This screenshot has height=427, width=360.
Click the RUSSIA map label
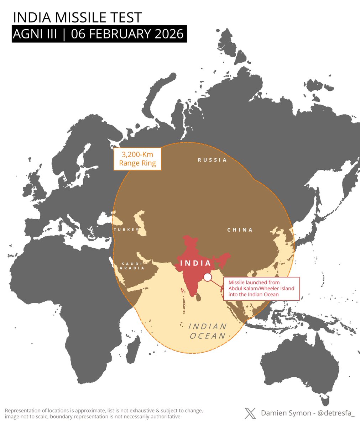click(x=212, y=160)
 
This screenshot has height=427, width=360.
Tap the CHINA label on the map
click(x=240, y=230)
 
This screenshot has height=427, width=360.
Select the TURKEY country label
click(x=126, y=230)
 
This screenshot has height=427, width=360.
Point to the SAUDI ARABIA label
click(x=132, y=266)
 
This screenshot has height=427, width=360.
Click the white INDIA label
click(x=195, y=263)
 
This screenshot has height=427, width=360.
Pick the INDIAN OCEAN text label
click(x=208, y=331)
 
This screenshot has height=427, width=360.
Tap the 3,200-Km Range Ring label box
click(x=137, y=159)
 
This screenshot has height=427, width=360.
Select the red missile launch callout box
click(x=261, y=288)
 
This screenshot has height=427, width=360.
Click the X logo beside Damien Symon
click(x=250, y=413)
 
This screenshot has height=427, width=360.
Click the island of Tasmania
click(x=324, y=401)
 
